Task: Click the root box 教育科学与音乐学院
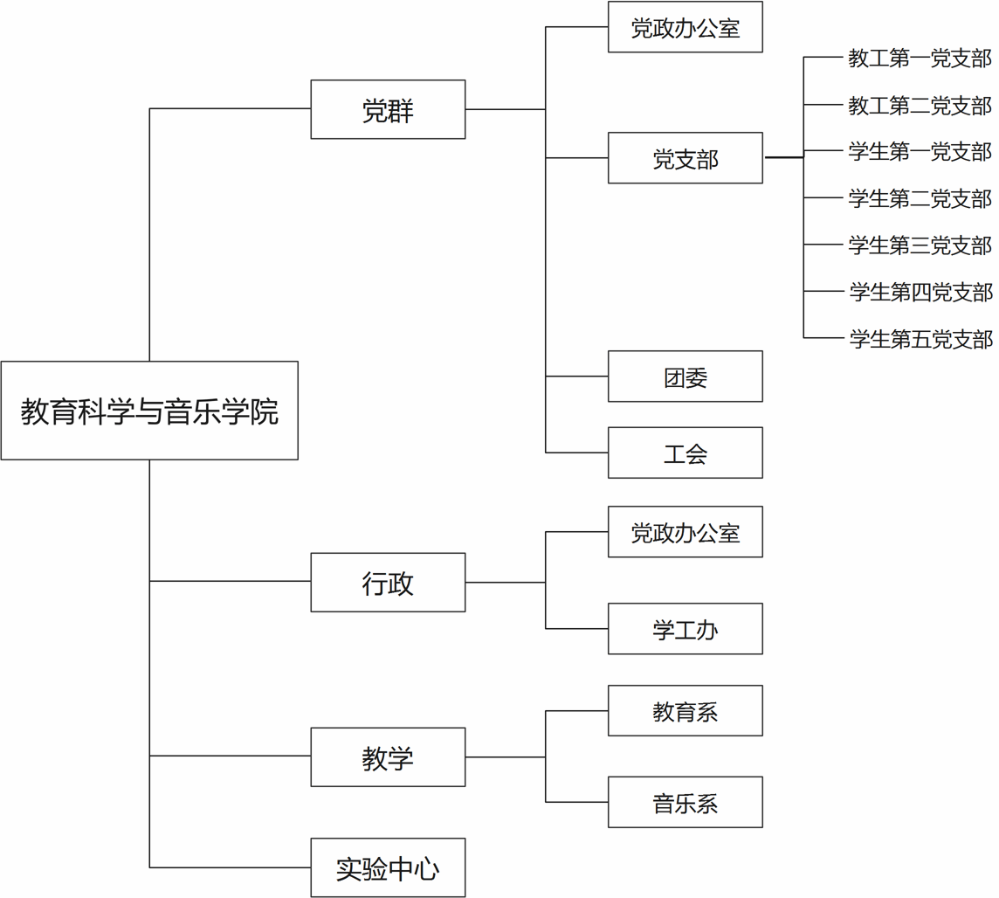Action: pos(149,411)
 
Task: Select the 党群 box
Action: pos(388,109)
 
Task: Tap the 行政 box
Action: pos(388,583)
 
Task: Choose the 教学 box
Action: pos(388,757)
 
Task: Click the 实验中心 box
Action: pos(388,867)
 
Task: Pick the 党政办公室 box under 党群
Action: pos(686,27)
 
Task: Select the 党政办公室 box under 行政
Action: pos(686,531)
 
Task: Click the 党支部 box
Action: pos(686,158)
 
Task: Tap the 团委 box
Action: pos(686,376)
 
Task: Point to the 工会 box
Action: pos(686,452)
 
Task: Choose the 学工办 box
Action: pos(686,628)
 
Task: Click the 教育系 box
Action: pos(686,710)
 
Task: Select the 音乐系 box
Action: pos(686,802)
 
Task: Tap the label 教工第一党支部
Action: pos(920,58)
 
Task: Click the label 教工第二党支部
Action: pos(920,105)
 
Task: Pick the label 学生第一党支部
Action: pos(920,152)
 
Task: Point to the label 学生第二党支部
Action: pos(920,198)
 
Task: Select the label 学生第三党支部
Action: pos(920,245)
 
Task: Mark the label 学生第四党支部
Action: pos(920,292)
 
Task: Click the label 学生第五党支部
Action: pos(920,338)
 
